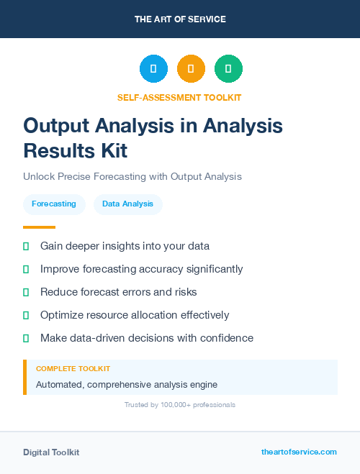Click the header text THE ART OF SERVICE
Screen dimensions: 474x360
tap(180, 19)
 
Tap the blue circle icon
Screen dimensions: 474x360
tap(153, 69)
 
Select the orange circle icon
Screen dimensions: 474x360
tap(191, 69)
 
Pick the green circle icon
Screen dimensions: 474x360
tap(228, 69)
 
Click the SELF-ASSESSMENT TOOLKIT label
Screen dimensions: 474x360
tap(180, 97)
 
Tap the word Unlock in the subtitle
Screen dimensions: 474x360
tap(38, 176)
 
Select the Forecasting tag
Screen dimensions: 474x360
tap(54, 204)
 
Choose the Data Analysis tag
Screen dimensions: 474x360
tap(127, 204)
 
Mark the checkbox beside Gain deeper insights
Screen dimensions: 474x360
tap(26, 246)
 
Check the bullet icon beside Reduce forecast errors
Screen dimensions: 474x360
tap(26, 292)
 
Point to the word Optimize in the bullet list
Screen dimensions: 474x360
tap(63, 315)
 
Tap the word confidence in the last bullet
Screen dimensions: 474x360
tap(227, 338)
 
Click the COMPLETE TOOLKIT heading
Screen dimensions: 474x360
tap(73, 368)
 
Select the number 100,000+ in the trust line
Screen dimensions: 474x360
tap(171, 405)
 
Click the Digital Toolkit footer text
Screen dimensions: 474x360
tap(51, 452)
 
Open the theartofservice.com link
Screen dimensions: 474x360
tap(299, 452)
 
